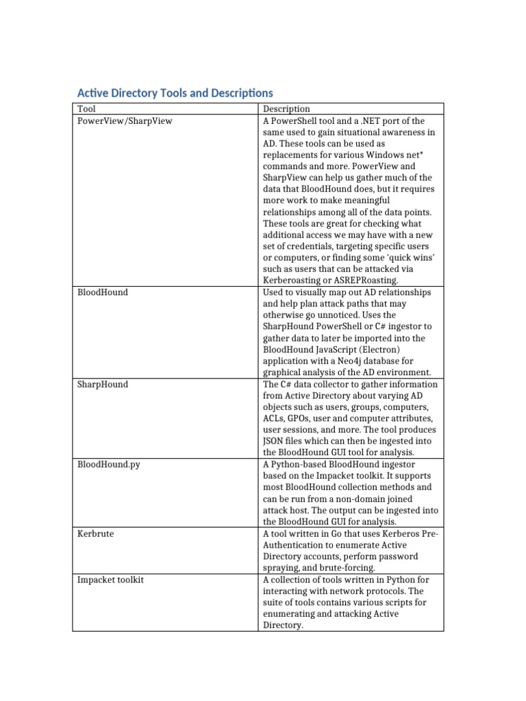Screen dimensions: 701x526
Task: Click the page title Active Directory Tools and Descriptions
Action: point(175,92)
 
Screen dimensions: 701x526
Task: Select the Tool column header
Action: point(86,109)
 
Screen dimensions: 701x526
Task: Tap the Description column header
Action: point(286,109)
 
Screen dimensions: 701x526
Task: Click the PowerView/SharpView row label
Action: point(125,120)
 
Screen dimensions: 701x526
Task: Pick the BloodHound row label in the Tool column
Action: point(102,292)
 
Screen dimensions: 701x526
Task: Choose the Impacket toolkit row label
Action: point(110,579)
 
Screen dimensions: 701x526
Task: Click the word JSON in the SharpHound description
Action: point(273,442)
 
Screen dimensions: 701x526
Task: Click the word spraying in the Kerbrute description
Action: point(281,568)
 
